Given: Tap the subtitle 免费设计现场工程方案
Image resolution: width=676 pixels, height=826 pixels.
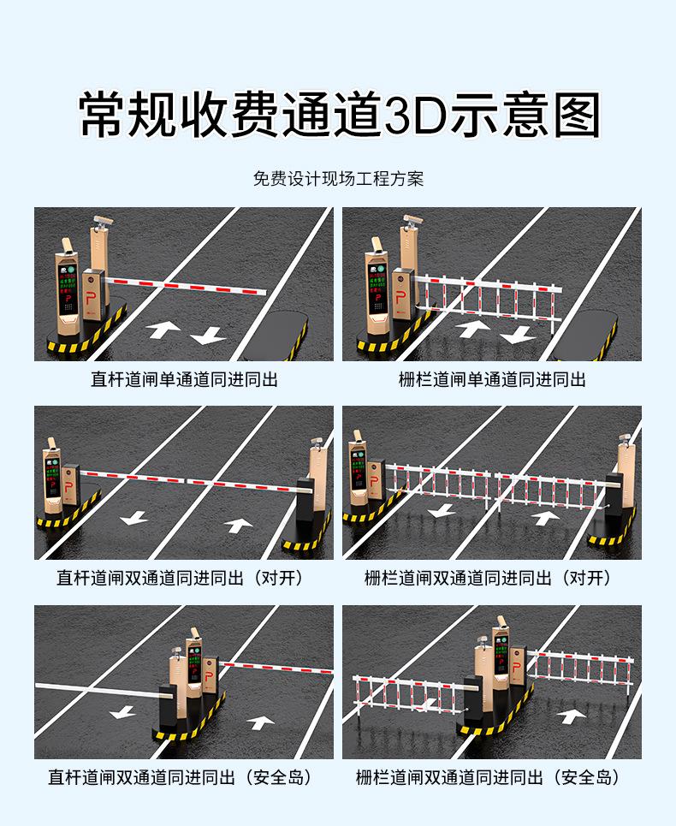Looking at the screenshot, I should pyautogui.click(x=338, y=179).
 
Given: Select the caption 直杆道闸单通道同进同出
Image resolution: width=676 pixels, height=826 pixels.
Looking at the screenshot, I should pyautogui.click(x=184, y=378).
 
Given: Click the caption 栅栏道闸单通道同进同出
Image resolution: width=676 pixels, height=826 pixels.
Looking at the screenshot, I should pyautogui.click(x=492, y=378).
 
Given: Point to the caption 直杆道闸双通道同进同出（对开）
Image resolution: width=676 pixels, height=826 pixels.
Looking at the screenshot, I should pyautogui.click(x=184, y=578).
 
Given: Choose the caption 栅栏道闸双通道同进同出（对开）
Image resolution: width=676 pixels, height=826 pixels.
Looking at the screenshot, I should pyautogui.click(x=492, y=578).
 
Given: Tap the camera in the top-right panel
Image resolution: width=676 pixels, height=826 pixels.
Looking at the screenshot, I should pyautogui.click(x=413, y=220).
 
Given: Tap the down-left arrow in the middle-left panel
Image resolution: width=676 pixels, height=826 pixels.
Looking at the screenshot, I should pyautogui.click(x=133, y=517).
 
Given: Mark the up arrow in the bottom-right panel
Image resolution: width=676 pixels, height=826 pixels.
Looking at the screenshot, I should pyautogui.click(x=568, y=715).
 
